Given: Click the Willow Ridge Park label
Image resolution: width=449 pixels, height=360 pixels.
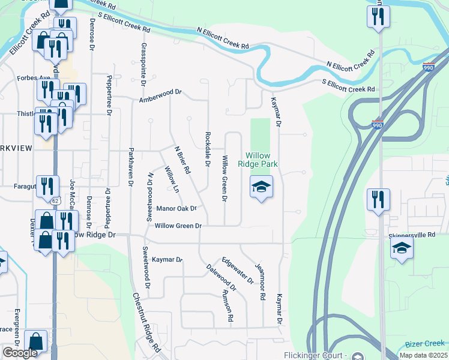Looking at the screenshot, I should pos(262,160).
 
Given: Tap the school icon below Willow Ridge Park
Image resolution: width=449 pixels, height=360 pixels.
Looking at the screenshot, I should pos(261,187).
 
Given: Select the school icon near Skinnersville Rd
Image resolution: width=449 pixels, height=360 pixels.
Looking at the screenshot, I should pos(402,248).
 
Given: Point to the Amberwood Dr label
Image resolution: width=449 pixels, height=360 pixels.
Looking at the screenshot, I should pos(160,96).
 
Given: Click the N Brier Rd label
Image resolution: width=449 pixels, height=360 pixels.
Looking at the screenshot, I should pos(182,160).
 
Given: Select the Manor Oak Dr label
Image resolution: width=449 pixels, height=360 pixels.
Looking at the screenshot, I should pos(176,209).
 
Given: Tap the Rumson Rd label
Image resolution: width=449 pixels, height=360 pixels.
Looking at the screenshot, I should pos(227,305).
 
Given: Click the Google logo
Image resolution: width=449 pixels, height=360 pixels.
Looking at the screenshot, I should pos(20,352).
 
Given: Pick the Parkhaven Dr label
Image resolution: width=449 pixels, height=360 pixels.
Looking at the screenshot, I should pos(130,169).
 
